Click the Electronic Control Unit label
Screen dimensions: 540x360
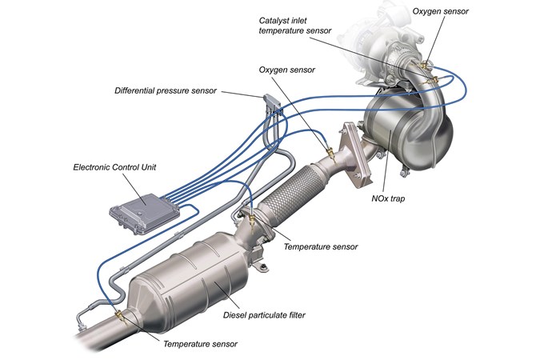click(114, 167)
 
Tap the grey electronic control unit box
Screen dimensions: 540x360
click(145, 214)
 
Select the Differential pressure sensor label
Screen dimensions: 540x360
click(166, 91)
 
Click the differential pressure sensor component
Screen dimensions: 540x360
click(272, 102)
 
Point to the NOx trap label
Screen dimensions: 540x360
click(388, 198)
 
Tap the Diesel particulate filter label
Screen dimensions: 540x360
click(264, 315)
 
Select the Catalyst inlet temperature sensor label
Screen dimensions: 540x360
click(294, 26)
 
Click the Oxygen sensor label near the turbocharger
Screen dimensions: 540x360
click(441, 11)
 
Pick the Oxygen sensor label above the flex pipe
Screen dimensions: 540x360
click(287, 70)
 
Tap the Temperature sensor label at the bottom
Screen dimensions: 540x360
click(200, 344)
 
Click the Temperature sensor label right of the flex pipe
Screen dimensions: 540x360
click(321, 246)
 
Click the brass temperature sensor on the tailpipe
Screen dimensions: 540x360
click(120, 315)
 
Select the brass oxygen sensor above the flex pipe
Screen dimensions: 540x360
click(330, 153)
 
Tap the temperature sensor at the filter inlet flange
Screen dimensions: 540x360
click(253, 221)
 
